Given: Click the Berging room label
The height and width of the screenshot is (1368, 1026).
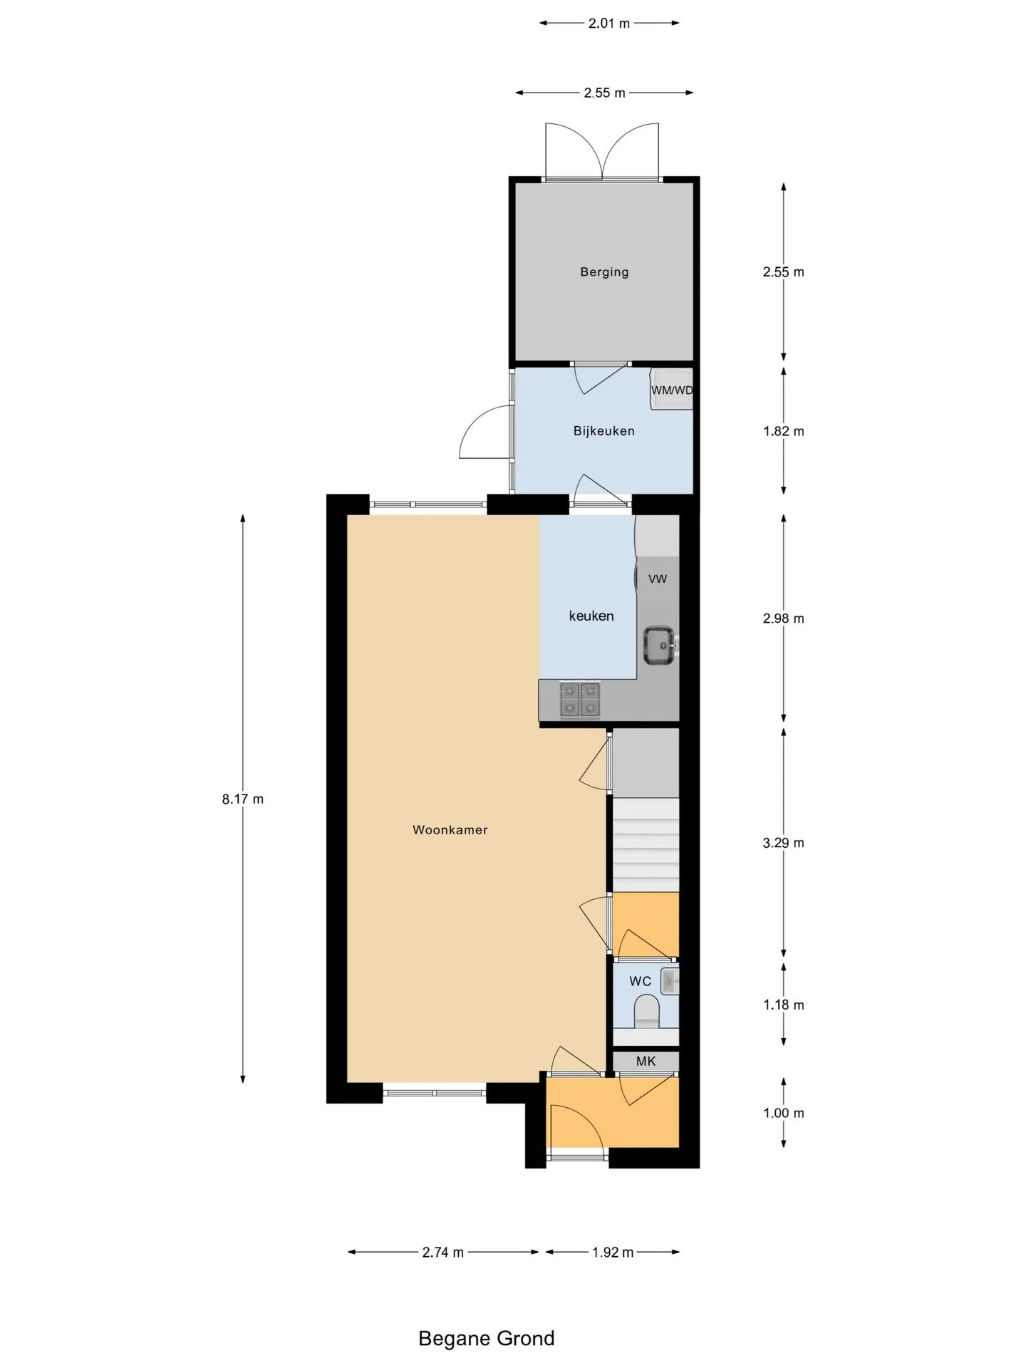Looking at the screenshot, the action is [x=604, y=271].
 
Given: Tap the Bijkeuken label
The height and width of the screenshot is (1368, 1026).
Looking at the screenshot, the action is [x=603, y=430].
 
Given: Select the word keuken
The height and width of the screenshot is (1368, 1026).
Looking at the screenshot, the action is [x=591, y=616].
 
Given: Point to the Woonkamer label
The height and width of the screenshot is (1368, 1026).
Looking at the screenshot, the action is [x=450, y=829].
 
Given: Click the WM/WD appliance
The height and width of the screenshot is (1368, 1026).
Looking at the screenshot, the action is [x=671, y=390].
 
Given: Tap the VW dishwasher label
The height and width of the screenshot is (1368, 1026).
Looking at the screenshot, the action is [x=658, y=579].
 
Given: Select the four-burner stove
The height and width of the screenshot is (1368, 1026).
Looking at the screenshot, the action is [x=580, y=700].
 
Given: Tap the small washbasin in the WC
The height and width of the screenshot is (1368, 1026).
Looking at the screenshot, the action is [x=670, y=981].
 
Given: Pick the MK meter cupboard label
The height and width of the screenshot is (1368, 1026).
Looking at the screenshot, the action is [x=646, y=1061].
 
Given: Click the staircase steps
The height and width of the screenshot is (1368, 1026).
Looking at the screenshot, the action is [x=646, y=844].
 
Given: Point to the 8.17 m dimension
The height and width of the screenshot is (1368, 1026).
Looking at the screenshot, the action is [x=242, y=799].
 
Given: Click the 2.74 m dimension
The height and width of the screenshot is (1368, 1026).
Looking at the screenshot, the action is [x=443, y=1252].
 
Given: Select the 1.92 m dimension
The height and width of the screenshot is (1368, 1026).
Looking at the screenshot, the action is [x=613, y=1252].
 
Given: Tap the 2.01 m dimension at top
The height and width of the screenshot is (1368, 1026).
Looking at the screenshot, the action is [x=609, y=23].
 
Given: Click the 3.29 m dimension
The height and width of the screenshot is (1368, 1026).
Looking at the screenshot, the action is [x=783, y=843].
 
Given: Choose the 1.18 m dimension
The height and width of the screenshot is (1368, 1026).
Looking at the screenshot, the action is [x=783, y=1005].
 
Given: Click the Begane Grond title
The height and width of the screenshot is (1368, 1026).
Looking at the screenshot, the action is [x=486, y=1338].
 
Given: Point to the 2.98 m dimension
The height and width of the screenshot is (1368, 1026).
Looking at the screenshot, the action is [x=783, y=618].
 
